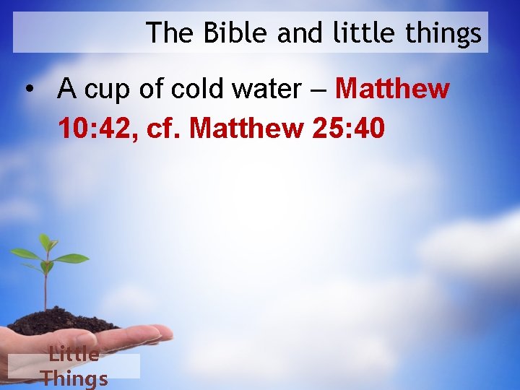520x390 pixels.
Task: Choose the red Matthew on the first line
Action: [x=392, y=90]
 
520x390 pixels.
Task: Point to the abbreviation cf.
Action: [x=165, y=129]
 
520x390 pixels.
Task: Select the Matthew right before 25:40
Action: [x=246, y=129]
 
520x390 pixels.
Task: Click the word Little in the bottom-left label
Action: [x=74, y=354]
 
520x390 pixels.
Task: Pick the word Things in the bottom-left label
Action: [x=74, y=378]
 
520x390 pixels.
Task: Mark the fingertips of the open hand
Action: [x=162, y=333]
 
